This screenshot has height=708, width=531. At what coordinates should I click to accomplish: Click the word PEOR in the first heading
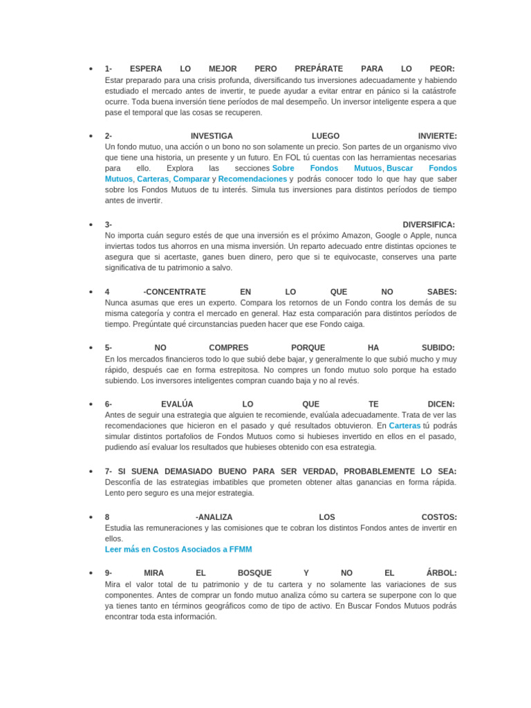click(x=440, y=69)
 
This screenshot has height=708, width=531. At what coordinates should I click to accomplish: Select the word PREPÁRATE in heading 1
click(x=318, y=69)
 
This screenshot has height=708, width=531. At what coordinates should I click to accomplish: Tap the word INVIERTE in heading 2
click(x=436, y=136)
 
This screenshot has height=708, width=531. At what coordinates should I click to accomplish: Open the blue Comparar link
click(x=192, y=179)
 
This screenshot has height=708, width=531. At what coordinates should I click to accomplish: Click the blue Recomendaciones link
click(x=252, y=179)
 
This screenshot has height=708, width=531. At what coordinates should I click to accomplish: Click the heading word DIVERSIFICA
click(x=428, y=225)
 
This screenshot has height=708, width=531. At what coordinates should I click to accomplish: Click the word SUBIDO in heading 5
click(x=437, y=348)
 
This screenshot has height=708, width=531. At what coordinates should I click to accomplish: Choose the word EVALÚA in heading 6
click(x=177, y=404)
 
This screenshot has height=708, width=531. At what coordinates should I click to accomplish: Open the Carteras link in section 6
click(x=404, y=426)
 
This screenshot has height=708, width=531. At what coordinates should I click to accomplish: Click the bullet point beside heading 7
click(x=91, y=472)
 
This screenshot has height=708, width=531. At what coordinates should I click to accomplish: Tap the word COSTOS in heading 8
click(x=438, y=517)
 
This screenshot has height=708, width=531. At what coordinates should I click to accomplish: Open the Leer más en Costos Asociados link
click(x=178, y=549)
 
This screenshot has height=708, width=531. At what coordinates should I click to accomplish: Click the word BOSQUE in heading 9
click(x=254, y=573)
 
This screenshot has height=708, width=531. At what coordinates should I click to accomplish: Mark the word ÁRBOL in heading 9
click(x=440, y=573)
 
